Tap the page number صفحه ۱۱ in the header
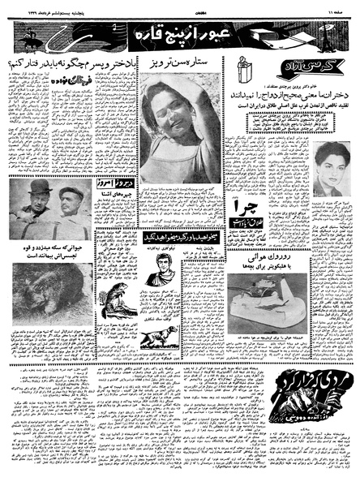[336, 7]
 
